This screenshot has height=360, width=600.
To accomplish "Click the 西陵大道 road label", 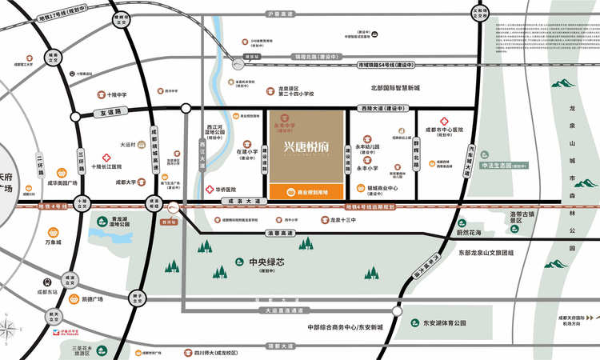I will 381,109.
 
